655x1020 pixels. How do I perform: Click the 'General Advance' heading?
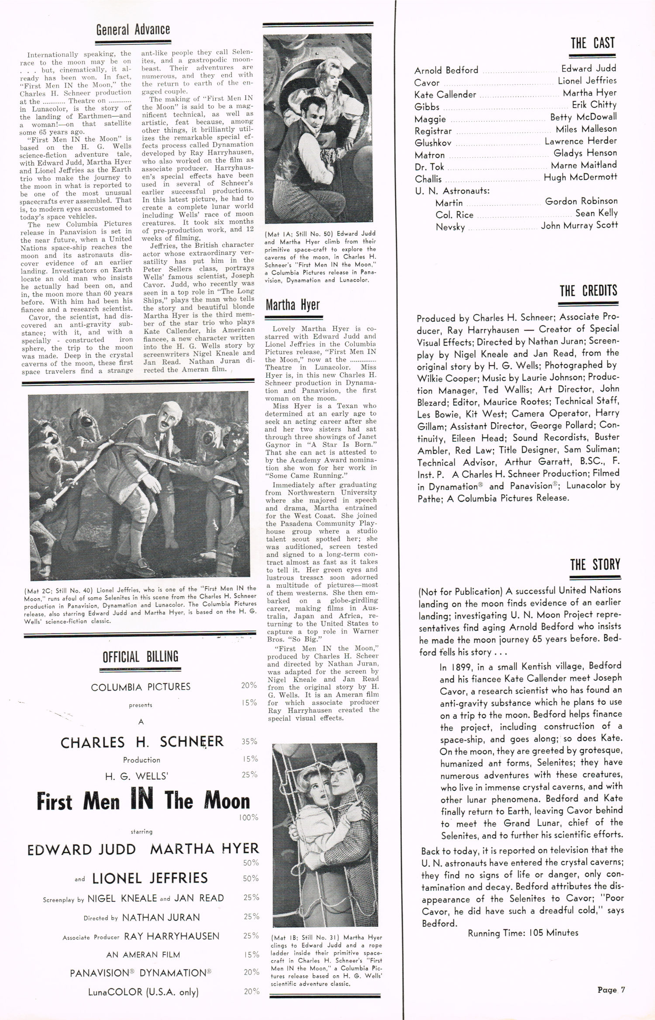point(133,30)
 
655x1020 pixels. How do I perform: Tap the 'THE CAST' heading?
point(592,43)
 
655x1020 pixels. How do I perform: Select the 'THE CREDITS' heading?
point(589,291)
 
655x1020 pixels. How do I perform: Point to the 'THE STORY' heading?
point(595,565)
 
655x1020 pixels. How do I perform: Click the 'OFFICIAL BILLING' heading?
point(140,657)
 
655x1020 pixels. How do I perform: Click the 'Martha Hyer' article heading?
point(293,305)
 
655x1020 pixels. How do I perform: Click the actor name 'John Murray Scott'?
point(579,225)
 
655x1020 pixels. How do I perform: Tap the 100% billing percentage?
point(248,817)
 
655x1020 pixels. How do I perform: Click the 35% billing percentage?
point(249,741)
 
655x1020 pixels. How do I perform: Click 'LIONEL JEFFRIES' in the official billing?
point(149,878)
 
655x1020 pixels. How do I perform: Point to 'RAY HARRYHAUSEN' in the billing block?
point(172,936)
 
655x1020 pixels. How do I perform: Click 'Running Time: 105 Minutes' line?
point(523,933)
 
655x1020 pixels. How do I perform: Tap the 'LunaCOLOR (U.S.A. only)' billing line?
point(143,992)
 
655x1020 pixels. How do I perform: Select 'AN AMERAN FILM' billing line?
point(143,955)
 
